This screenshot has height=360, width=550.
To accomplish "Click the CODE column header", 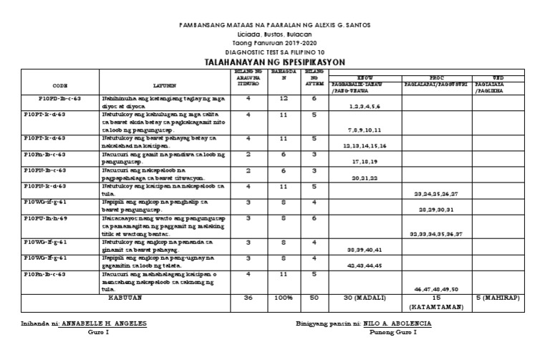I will click(60, 83).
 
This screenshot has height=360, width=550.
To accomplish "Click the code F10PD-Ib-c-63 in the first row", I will click(62, 99).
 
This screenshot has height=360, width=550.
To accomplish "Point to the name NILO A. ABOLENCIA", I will click(399, 323).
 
